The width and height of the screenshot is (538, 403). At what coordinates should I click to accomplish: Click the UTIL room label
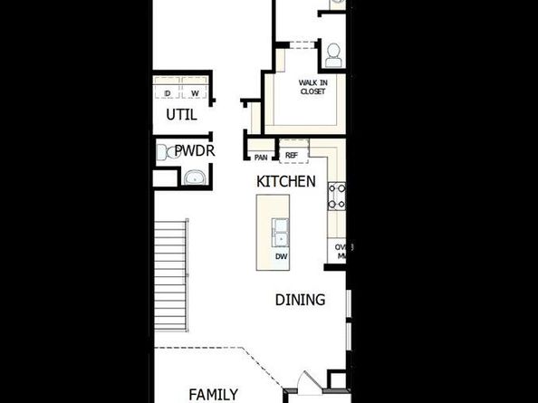point(180,115)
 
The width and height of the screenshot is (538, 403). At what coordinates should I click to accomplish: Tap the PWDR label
point(194,150)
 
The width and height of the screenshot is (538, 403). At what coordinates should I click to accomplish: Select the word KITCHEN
point(286,181)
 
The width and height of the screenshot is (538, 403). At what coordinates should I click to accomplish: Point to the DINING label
point(300,300)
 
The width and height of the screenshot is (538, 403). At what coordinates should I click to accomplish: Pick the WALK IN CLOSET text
point(312,87)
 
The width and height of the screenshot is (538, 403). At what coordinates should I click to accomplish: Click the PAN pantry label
point(261,157)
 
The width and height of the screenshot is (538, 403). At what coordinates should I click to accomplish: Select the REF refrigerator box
point(292,156)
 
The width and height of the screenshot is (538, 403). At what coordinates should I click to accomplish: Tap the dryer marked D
point(168,91)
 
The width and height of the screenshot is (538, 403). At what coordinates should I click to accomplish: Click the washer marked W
point(195,91)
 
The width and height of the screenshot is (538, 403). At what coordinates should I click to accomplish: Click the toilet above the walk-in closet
point(332,54)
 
